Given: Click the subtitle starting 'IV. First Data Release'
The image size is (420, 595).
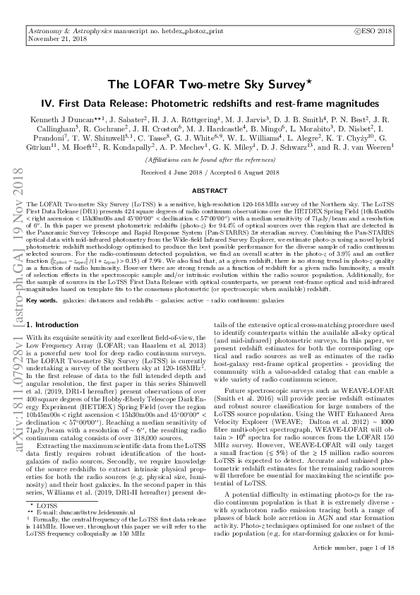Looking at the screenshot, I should pyautogui.click(x=209, y=101).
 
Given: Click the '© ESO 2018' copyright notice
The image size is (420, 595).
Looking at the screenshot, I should pyautogui.click(x=376, y=31).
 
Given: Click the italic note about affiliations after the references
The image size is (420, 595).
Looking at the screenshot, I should pyautogui.click(x=209, y=161).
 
